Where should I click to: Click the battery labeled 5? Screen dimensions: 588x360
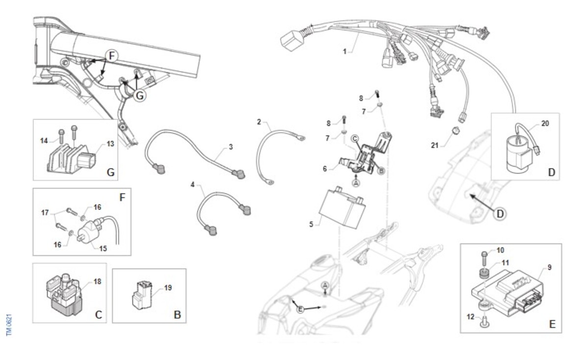343,208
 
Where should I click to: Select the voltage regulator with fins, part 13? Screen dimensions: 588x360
72,159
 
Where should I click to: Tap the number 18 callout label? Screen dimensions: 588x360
98,282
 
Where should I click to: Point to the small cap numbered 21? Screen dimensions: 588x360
456,130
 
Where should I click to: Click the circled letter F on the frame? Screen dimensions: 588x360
112,56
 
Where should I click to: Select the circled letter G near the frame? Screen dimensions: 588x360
140,96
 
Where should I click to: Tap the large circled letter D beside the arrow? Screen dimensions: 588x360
500,214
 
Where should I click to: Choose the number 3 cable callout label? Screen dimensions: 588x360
231,147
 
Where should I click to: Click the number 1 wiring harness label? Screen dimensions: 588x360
344,51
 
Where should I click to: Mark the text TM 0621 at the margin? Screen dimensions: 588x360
9,325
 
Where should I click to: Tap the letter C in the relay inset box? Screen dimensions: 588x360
98,314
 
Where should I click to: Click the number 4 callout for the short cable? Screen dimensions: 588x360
193,185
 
